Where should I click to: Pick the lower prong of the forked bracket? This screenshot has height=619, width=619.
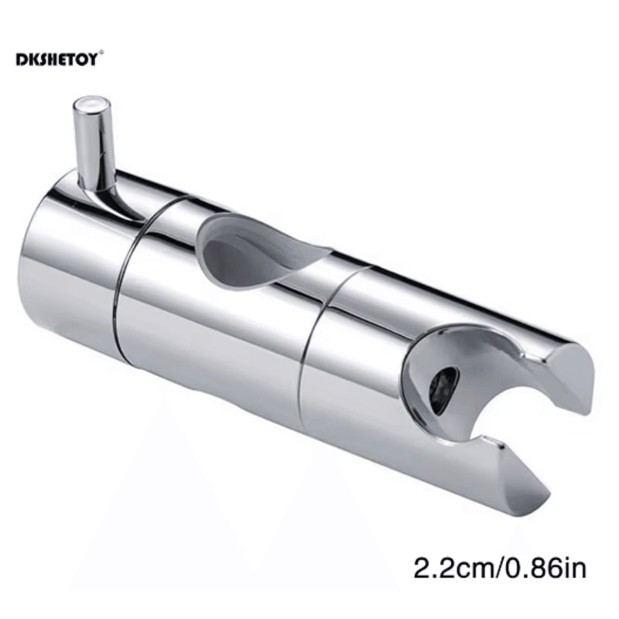click(x=503, y=472)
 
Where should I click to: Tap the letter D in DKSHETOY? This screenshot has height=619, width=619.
click(x=20, y=60)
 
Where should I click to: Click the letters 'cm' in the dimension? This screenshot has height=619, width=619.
click(x=471, y=570)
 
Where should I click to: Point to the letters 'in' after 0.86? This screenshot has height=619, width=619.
click(x=577, y=570)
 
